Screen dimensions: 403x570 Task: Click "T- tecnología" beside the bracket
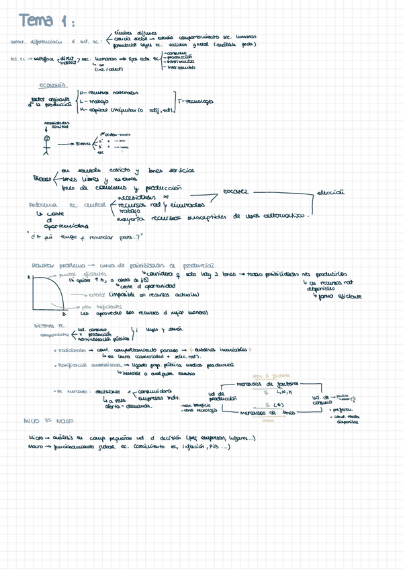coord(196,101)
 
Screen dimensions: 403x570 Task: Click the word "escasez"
coord(235,192)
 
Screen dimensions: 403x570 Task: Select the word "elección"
coord(330,192)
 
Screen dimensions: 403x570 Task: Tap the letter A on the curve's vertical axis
coord(28,276)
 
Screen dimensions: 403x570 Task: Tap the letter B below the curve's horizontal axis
coord(64,314)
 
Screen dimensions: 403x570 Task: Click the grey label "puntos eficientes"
coord(85,274)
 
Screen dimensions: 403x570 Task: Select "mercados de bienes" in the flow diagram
coord(268,413)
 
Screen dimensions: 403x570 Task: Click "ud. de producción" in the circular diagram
coord(220,397)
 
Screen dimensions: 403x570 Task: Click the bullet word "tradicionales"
coord(71,350)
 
